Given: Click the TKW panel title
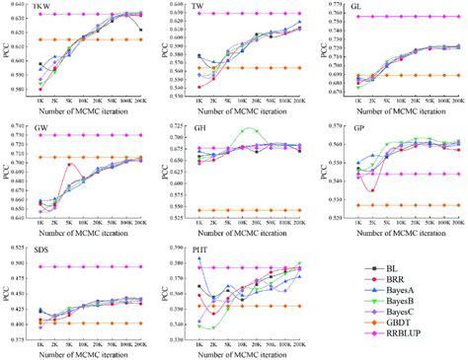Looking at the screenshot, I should click(42, 8).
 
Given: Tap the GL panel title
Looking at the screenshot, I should click(362, 8).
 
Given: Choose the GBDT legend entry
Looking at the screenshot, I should click(408, 335).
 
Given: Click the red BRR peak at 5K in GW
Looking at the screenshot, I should click(69, 165).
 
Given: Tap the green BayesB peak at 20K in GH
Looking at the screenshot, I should click(253, 130).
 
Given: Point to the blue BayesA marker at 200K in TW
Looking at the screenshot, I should click(299, 22).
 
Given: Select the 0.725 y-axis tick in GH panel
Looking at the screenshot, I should click(181, 126).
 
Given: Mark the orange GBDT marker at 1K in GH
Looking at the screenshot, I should click(197, 210).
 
